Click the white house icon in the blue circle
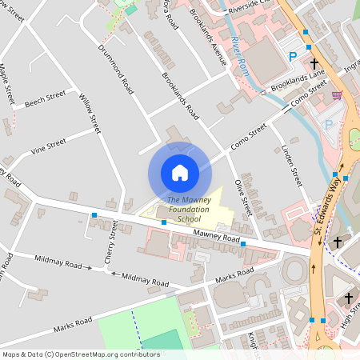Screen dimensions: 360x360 coord(180,173)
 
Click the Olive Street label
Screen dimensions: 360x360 coord(243,198)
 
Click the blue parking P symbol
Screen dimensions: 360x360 coord(292,57)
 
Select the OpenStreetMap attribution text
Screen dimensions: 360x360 coord(70,354)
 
